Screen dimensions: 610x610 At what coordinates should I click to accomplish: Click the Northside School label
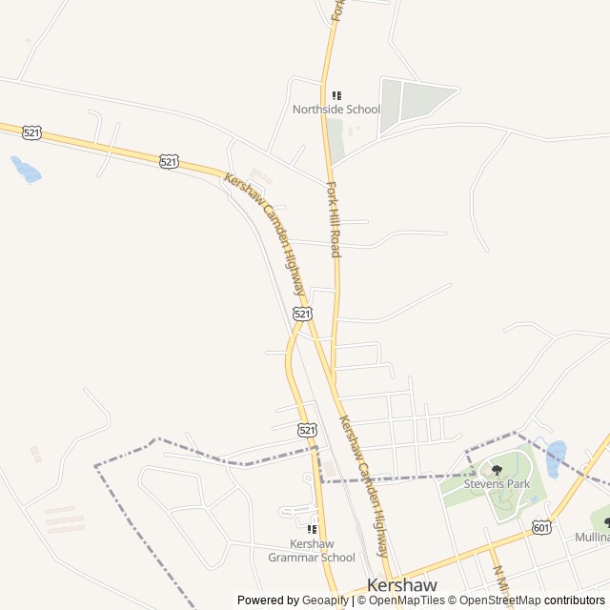click(x=335, y=110)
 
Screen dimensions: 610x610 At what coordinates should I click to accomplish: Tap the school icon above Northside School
click(x=336, y=95)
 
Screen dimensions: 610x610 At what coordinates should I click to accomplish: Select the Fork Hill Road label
click(x=334, y=219)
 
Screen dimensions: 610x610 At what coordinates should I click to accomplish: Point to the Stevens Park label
click(x=497, y=484)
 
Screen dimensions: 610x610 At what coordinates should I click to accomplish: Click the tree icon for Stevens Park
click(x=497, y=470)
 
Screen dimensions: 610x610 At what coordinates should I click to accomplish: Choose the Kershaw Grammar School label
click(x=311, y=550)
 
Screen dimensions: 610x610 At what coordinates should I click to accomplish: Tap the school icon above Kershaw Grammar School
click(x=311, y=529)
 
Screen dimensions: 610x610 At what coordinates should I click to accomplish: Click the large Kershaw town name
click(x=402, y=586)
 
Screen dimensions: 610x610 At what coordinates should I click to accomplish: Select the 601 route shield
click(x=541, y=527)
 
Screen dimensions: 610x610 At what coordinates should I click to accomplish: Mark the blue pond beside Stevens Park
click(x=556, y=458)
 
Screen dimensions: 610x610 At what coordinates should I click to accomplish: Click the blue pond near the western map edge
click(x=25, y=170)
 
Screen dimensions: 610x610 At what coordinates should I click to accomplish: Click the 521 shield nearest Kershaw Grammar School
click(x=307, y=430)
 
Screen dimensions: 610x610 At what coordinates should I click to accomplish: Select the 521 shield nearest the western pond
click(x=32, y=133)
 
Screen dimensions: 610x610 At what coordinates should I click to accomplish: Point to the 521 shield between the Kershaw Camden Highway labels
click(x=302, y=314)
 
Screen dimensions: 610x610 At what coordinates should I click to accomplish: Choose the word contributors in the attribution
click(x=575, y=600)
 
